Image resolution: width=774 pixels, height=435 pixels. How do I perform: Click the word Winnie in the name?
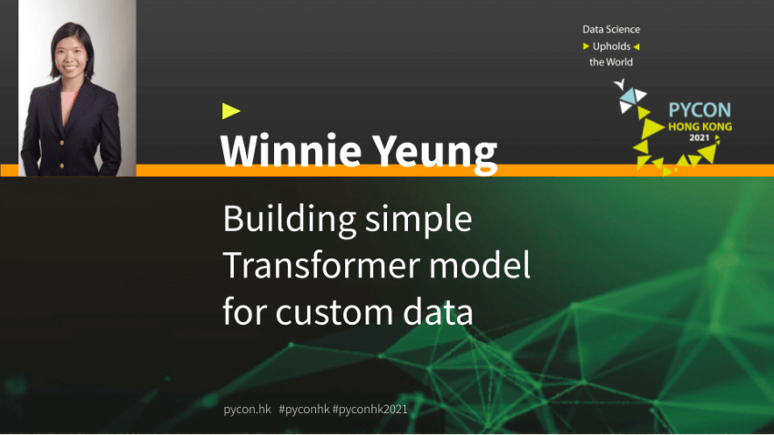(290, 150)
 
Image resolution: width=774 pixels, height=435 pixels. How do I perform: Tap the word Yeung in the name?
(433, 154)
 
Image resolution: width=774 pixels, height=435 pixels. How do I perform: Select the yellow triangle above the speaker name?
(230, 111)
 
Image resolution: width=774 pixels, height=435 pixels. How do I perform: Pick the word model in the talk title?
(479, 264)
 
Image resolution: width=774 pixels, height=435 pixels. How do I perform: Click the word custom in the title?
(333, 313)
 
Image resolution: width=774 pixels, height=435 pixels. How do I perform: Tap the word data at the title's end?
(438, 312)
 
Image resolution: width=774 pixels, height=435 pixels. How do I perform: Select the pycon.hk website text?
(248, 410)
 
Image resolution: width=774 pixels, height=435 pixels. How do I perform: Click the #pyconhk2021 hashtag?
(371, 410)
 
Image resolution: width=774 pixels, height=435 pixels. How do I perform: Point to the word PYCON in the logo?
(699, 110)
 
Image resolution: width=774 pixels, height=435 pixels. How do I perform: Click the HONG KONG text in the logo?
(700, 126)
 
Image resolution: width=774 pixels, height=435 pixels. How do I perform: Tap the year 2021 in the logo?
(699, 137)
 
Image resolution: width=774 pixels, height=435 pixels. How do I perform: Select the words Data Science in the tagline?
(611, 30)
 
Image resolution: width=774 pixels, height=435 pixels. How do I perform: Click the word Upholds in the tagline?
(612, 46)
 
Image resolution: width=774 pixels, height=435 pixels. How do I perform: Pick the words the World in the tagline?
(611, 62)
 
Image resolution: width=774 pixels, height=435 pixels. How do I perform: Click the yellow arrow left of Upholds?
(586, 46)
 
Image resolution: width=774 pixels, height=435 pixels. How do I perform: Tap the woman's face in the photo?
(71, 54)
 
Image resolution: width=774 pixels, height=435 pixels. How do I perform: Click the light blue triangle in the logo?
(628, 96)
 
